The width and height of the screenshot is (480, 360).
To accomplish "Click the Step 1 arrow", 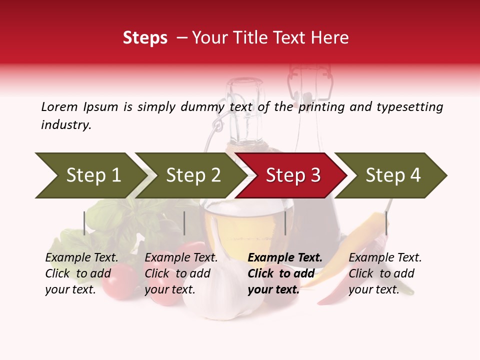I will (x=90, y=175).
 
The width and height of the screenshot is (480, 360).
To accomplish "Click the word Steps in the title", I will (x=145, y=37).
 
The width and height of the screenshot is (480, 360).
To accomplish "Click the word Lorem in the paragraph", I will (x=59, y=106).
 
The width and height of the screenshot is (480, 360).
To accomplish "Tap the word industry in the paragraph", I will (x=65, y=125).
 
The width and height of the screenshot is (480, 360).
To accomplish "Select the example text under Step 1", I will (x=81, y=273).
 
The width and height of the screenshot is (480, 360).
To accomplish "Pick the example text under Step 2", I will (x=181, y=273).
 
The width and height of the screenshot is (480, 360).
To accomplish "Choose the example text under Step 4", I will (x=385, y=273).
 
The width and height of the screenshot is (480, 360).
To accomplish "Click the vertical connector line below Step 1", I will (x=84, y=223).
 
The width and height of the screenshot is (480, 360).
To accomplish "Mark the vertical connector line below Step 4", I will (x=386, y=223).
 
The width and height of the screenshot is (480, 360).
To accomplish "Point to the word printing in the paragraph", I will (x=319, y=107).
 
